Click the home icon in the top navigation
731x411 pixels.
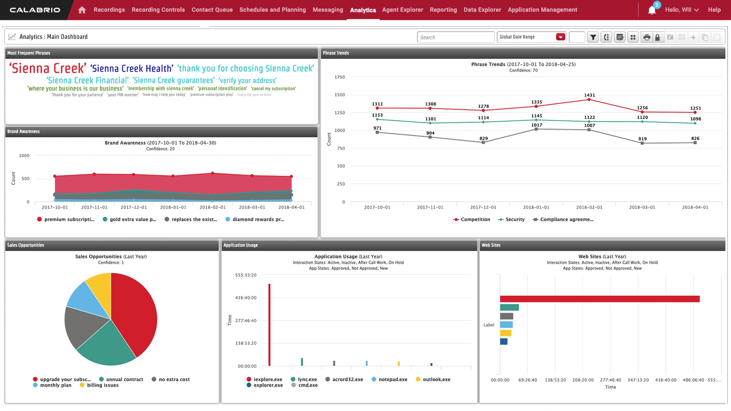coord(82,10)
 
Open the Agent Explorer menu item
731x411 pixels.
coord(402,10)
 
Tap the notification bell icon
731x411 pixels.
coord(652,10)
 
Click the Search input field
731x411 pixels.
coord(455,37)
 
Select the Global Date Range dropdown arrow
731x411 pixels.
coord(560,37)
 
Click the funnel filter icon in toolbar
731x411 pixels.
coord(593,37)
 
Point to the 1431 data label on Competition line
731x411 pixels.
coord(589,95)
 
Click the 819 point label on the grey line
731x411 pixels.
coord(642,139)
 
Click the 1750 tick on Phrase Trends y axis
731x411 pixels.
coord(340,77)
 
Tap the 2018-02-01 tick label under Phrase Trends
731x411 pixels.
coord(589,207)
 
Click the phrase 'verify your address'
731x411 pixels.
coord(248,80)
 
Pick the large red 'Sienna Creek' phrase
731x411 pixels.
coord(48,69)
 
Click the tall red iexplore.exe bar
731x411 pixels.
coord(269,325)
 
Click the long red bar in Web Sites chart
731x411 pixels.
coord(599,299)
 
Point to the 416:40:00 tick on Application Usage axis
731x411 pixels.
coord(246,298)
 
